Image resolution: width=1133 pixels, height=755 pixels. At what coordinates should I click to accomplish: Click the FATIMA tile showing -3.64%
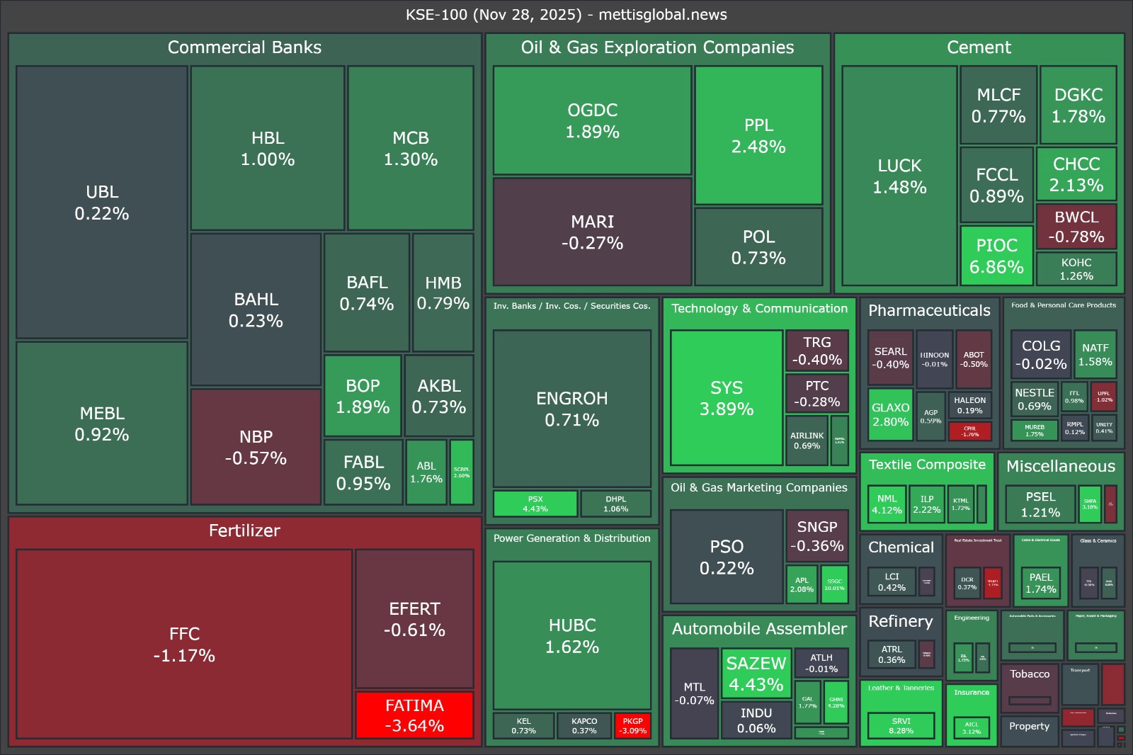414,715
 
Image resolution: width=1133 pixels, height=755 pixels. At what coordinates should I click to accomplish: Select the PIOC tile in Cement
996,256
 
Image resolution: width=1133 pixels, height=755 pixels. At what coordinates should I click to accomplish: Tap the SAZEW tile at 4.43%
756,674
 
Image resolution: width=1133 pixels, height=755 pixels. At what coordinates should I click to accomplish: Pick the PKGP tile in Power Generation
632,726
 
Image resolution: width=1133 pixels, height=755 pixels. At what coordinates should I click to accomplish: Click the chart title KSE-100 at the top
566,15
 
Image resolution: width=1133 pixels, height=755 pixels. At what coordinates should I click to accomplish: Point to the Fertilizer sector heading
244,530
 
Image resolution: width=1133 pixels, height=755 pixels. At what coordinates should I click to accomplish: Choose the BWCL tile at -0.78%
1076,227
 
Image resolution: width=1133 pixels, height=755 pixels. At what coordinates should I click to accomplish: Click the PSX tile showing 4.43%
535,504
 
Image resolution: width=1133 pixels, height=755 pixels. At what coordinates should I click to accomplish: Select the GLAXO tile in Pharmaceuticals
890,414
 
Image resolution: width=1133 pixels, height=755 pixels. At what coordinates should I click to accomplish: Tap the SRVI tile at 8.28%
901,725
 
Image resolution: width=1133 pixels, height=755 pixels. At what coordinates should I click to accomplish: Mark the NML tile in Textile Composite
887,504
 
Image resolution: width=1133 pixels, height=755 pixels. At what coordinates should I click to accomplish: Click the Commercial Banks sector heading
244,47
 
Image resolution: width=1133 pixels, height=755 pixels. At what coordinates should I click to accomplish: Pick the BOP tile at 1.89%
363,396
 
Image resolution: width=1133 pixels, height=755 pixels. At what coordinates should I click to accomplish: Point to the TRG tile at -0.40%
816,351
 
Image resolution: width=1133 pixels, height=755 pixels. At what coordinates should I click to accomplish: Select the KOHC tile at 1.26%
1076,269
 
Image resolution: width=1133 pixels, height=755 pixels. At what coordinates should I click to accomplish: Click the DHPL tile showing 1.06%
615,504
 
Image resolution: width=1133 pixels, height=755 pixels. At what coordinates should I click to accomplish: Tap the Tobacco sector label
1030,674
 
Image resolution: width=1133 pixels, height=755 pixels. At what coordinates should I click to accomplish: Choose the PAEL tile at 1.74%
1040,583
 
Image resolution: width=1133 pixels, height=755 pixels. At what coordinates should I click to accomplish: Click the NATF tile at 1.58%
1095,354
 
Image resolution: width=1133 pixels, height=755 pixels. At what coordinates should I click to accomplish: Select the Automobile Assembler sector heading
759,629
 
